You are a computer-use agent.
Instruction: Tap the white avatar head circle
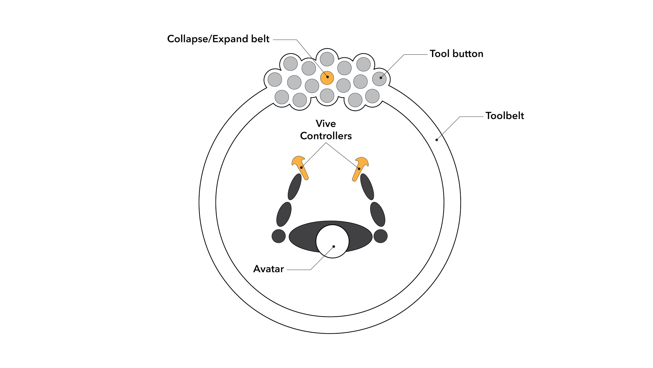click(x=332, y=241)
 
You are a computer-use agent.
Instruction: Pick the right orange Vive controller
click(x=360, y=168)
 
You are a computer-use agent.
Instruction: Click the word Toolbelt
click(x=505, y=116)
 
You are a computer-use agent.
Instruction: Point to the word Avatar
click(x=269, y=269)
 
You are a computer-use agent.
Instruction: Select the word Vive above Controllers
click(x=326, y=124)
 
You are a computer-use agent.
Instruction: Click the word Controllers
click(x=326, y=136)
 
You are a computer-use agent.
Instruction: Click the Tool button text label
click(x=456, y=54)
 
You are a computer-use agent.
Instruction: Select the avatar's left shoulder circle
click(x=279, y=236)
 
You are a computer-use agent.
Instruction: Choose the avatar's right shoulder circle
click(x=381, y=236)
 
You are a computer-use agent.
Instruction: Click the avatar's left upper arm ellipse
click(x=284, y=214)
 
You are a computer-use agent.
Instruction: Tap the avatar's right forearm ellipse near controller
click(x=367, y=187)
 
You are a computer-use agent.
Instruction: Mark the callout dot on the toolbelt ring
click(x=436, y=140)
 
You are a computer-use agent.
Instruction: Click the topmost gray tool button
click(x=327, y=59)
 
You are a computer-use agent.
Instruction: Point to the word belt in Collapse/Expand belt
click(x=260, y=39)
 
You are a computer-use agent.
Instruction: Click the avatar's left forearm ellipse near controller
click(x=295, y=187)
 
